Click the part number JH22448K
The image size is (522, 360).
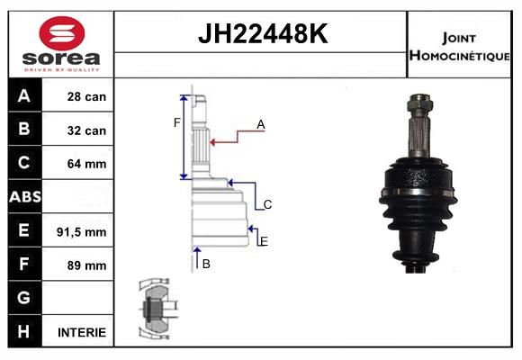pos(263,34)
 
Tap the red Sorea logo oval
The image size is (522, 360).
pos(62,33)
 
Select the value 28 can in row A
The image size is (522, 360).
pos(86,96)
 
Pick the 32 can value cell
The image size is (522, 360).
pos(86,130)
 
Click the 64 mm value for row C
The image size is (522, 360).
pos(86,164)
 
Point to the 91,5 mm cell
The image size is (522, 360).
pos(82,232)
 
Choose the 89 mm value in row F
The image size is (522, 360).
pos(86,265)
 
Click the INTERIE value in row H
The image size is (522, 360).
pos(82,332)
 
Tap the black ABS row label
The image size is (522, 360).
pos(25,196)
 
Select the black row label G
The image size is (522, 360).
pos(25,297)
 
